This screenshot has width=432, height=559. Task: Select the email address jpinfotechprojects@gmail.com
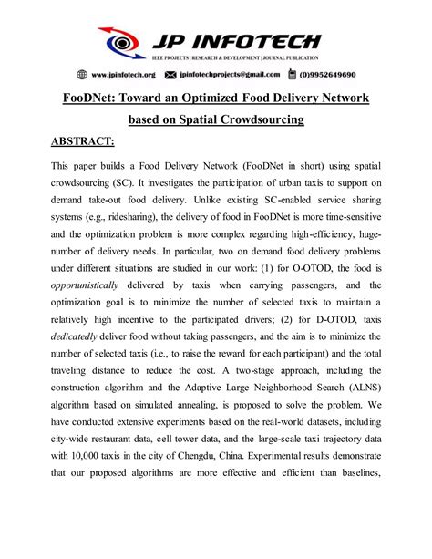(x=241, y=75)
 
